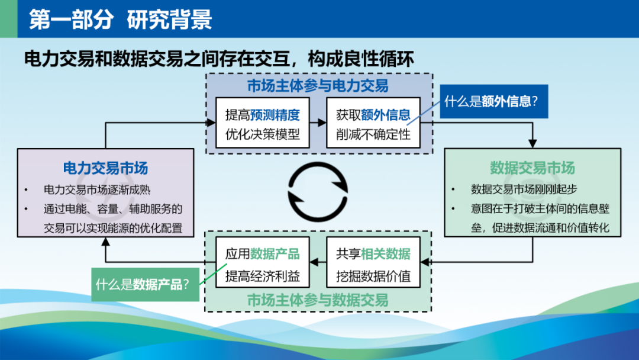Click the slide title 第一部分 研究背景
click(121, 19)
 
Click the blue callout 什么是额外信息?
click(494, 101)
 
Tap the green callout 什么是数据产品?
click(146, 285)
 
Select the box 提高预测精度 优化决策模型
click(263, 123)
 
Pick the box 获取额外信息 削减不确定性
click(373, 123)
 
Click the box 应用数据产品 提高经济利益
click(263, 262)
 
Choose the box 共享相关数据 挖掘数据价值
click(373, 262)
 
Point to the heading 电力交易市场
click(105, 168)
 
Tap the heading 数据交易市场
click(532, 168)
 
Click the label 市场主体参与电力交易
click(318, 86)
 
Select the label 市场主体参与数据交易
click(318, 300)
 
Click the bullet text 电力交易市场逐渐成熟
click(97, 189)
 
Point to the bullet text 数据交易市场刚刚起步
click(524, 189)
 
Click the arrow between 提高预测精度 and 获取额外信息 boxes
click(318, 123)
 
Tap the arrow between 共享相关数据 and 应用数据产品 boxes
click(318, 262)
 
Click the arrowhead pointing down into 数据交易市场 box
click(532, 143)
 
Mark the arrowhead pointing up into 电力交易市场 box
click(105, 242)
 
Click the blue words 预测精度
click(275, 115)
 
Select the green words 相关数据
click(386, 255)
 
